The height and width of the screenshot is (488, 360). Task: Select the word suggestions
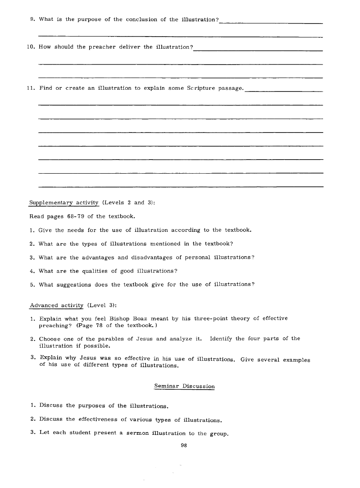click(x=71, y=284)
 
